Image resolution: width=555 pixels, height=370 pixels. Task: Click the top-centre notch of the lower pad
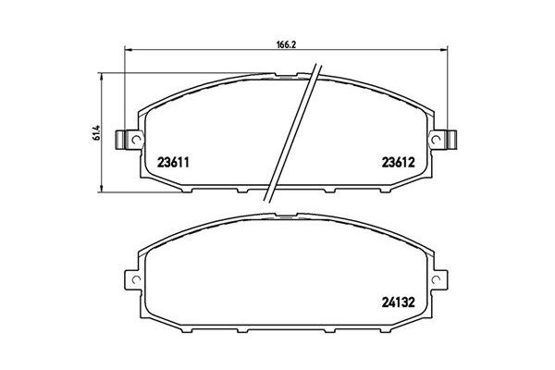point(288,219)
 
